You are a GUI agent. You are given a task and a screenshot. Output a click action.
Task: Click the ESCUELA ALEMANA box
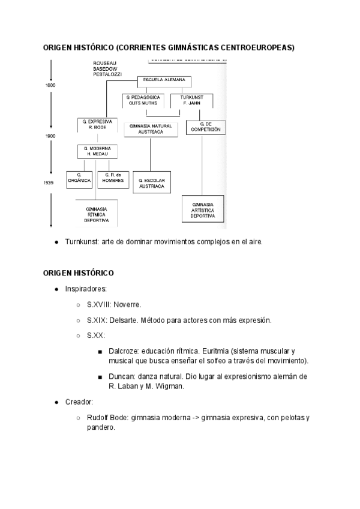point(163,80)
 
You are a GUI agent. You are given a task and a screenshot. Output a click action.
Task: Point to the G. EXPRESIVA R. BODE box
point(96,124)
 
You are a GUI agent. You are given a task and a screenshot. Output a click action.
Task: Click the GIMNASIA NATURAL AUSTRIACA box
point(151,128)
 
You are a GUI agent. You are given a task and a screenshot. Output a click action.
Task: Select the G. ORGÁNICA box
point(79,178)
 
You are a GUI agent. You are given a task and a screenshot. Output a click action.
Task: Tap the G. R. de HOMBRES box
point(113,178)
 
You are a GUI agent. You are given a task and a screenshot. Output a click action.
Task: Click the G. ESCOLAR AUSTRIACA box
point(151,182)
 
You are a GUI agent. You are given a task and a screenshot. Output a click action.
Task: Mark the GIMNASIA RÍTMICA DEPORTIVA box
point(96,214)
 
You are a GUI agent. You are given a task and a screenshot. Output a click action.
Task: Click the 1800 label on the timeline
point(50,85)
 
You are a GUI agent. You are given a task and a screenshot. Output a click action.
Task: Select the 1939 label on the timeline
point(49,182)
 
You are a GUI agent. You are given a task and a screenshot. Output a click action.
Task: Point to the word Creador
point(79,402)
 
